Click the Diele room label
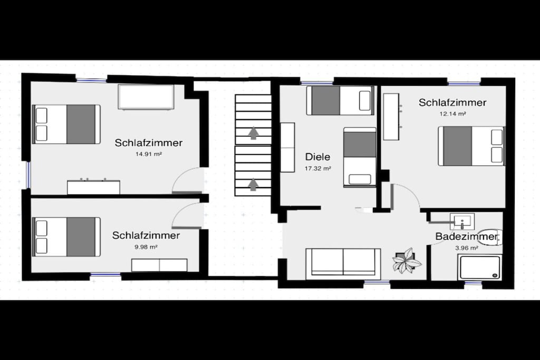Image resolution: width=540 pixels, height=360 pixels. coord(317,157)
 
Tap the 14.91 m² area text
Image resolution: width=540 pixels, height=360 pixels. coord(149,154)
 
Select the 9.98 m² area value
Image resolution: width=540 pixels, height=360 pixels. coord(146,247)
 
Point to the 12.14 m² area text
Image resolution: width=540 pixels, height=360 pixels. coord(453,113)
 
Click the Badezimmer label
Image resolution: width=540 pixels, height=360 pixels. coord(466,237)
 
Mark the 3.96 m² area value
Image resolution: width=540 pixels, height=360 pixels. coord(467,248)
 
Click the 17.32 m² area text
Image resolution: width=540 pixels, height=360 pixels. coord(318,169)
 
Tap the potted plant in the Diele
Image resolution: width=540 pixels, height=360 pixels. coord(407,260)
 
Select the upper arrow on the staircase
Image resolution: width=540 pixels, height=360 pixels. coord(254,133)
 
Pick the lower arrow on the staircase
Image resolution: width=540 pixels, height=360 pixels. coord(254,184)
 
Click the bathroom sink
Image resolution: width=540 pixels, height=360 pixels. coord(462,221)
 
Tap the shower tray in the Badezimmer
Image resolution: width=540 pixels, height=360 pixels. coord(479,268)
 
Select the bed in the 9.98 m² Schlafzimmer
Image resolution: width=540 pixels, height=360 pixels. coord(66,237)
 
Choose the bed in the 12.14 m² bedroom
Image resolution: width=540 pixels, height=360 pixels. coord(471,146)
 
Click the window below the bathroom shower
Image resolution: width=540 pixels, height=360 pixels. coord(473,283)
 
